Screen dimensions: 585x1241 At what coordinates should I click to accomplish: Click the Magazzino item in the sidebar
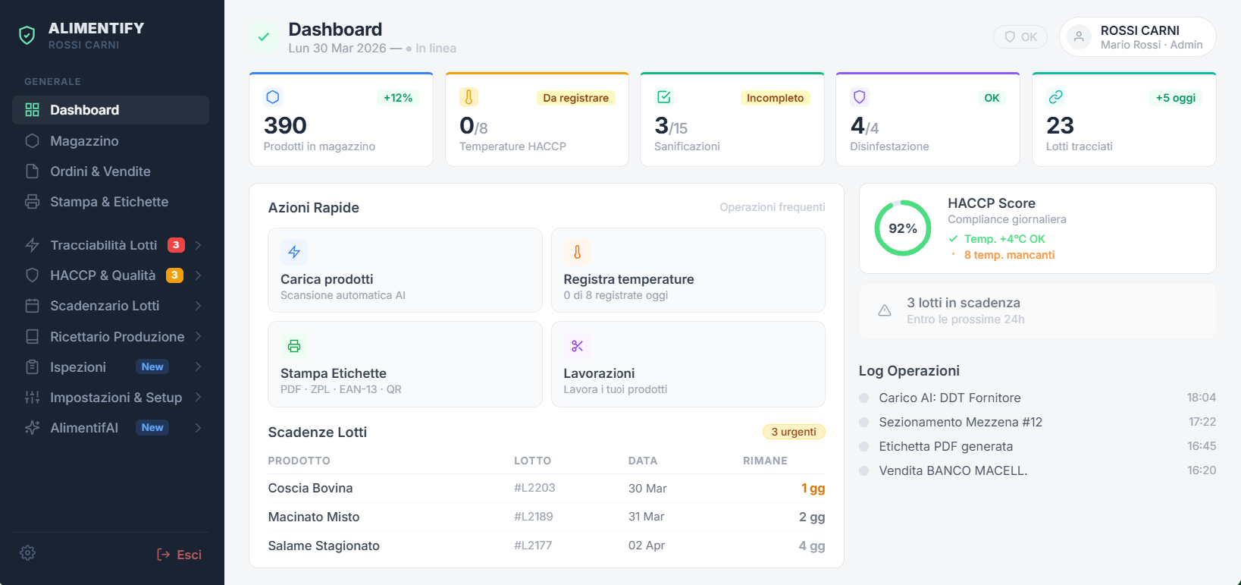[84, 141]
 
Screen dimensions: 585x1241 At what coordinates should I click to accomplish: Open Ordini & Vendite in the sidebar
[100, 171]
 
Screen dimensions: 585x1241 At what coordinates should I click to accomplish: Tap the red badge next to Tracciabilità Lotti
[176, 245]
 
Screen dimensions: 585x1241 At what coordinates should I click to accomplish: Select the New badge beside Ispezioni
[152, 367]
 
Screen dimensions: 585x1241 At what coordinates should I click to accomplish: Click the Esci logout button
[180, 555]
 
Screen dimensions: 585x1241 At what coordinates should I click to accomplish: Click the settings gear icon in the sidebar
[28, 553]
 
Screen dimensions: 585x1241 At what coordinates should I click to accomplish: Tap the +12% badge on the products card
[398, 98]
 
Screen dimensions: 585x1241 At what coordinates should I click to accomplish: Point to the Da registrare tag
[575, 98]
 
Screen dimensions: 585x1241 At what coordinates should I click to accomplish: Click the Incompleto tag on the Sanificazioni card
[775, 98]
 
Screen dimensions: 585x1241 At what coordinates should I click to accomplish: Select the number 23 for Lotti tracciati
[1060, 125]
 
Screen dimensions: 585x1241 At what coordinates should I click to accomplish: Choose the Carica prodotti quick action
[405, 270]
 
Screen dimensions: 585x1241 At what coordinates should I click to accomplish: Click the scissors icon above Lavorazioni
[578, 346]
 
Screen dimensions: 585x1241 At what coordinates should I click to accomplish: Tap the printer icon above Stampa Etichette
[294, 346]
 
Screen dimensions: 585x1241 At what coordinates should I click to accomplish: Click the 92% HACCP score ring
[903, 228]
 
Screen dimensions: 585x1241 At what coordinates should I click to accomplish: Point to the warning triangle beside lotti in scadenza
[885, 310]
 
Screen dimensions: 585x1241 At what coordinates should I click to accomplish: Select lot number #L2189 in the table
[534, 517]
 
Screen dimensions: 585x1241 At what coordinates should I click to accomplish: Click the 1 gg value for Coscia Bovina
[813, 489]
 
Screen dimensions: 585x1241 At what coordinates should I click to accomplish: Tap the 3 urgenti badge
[793, 432]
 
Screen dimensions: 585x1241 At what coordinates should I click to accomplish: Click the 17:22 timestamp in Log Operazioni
[1202, 422]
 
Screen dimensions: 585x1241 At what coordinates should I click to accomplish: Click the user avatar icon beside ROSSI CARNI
[1079, 36]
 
